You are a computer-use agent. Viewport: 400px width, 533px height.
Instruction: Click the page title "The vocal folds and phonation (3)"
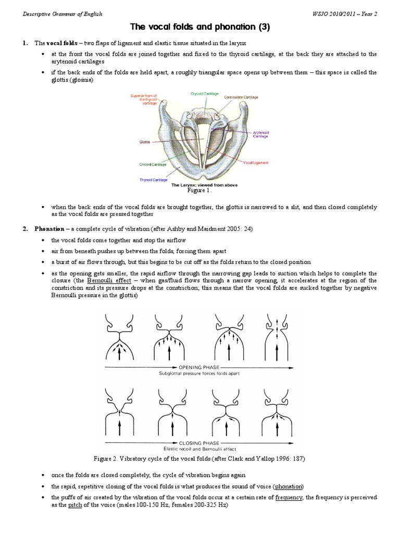(199, 27)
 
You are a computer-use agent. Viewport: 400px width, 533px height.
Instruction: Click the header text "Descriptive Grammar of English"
(63, 14)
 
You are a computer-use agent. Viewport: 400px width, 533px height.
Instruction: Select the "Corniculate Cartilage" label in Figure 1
(240, 97)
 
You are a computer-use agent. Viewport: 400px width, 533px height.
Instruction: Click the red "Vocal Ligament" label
(256, 163)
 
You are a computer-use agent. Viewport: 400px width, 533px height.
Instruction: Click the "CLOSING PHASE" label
(199, 441)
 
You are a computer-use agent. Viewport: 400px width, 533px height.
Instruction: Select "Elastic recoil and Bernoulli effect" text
(199, 448)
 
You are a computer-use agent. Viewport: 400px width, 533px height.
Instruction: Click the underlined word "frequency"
(290, 498)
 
